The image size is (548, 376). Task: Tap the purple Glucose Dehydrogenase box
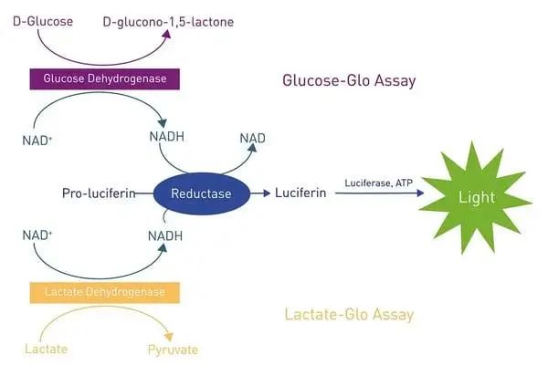pos(104,79)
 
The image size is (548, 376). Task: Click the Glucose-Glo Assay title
pos(349,81)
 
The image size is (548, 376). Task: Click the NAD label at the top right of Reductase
pos(253,138)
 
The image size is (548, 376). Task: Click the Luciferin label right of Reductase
pos(301,193)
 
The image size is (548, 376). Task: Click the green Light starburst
pos(479,197)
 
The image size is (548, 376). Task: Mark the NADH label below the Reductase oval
pos(165,236)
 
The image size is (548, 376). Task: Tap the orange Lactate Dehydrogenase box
pos(104,292)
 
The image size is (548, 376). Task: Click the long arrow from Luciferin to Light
pos(375,194)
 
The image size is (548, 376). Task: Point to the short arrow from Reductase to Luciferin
pos(259,193)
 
